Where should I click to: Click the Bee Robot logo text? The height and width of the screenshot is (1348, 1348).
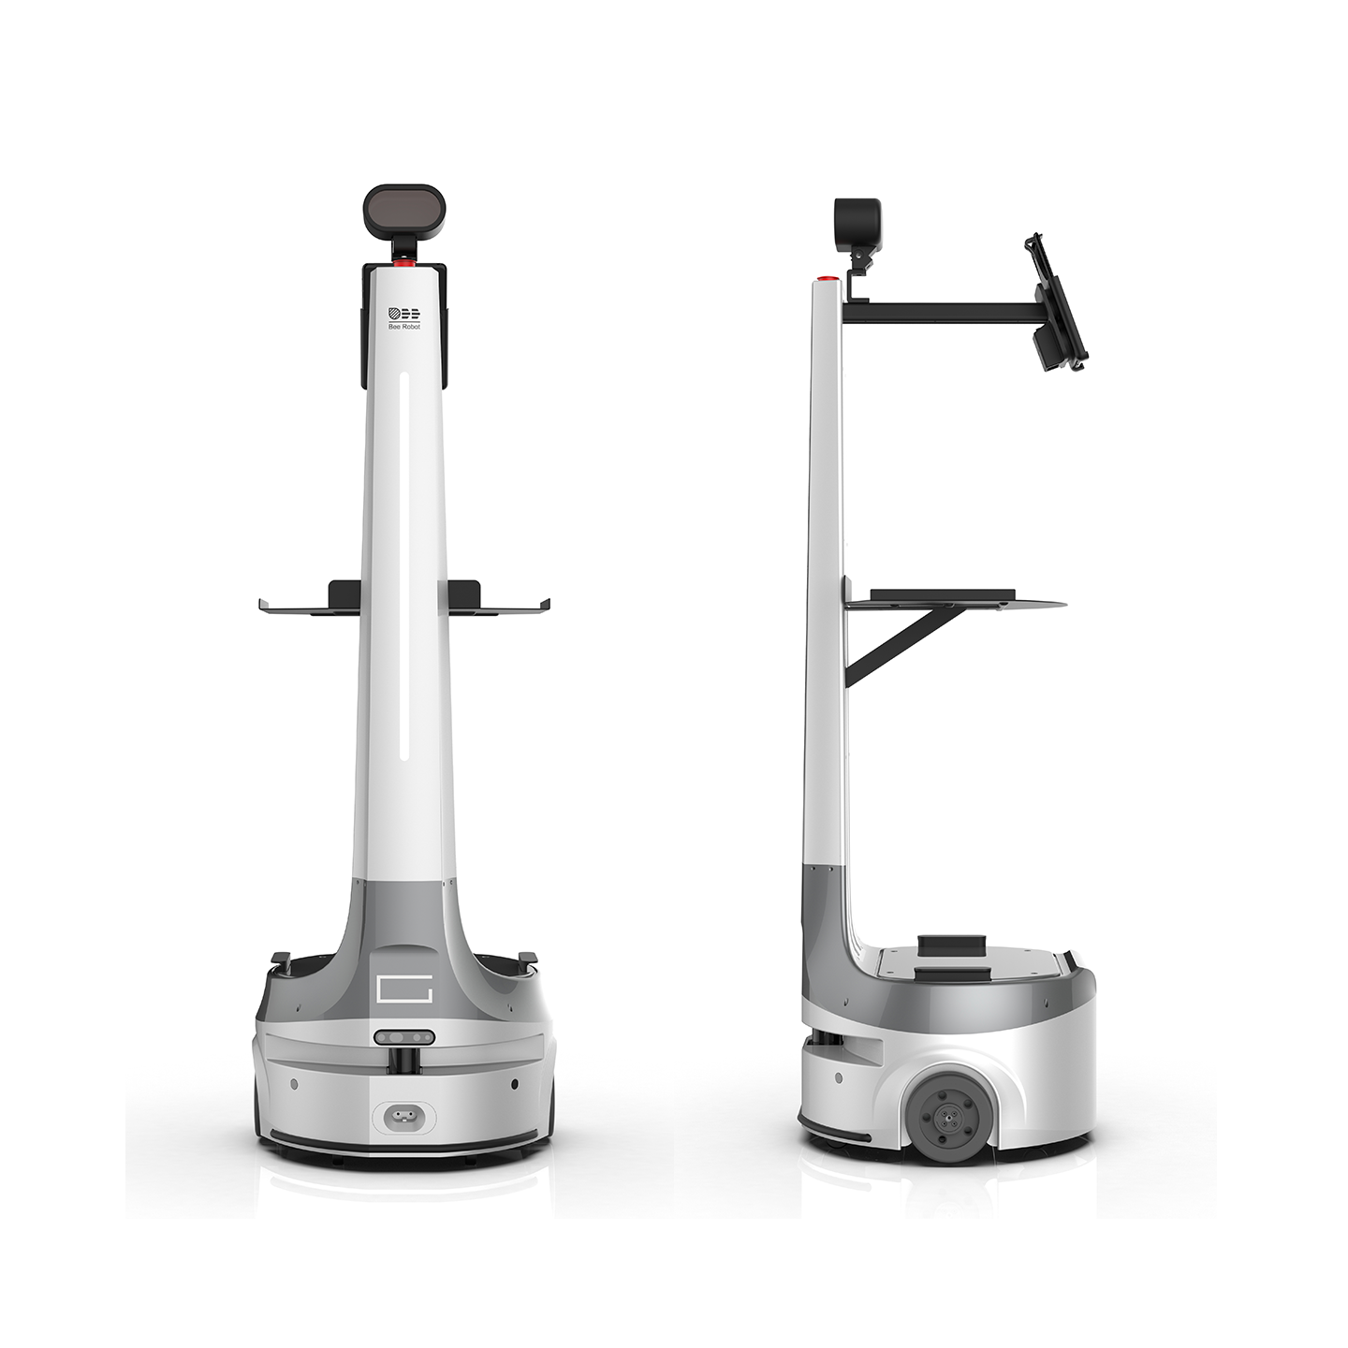(x=403, y=327)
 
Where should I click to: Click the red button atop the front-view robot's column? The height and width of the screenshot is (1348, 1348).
(x=403, y=264)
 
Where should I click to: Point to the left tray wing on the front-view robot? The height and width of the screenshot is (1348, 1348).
(x=308, y=607)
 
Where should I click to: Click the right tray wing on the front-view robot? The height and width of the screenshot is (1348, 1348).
(x=499, y=607)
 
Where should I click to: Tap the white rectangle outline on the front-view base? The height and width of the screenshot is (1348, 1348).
(x=404, y=989)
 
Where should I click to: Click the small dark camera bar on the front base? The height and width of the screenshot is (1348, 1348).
(x=403, y=1036)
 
